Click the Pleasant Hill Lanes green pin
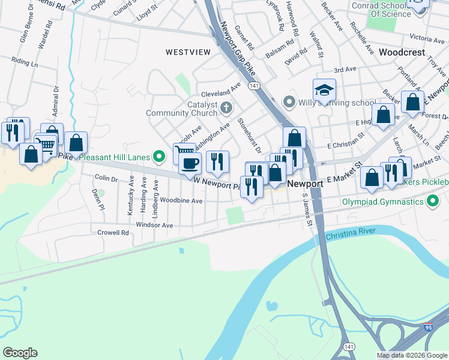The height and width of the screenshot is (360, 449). click(x=159, y=157)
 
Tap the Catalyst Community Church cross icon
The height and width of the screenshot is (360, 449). click(x=226, y=108)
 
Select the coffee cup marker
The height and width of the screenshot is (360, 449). click(x=190, y=163)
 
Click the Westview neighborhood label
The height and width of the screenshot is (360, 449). click(x=188, y=52)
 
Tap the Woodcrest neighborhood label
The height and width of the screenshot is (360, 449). click(x=402, y=52)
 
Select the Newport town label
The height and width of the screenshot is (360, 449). click(x=306, y=184)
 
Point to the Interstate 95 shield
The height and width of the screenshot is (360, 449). click(x=428, y=328)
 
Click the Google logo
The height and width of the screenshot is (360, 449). click(x=20, y=353)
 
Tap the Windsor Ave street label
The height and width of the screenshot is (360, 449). click(x=154, y=226)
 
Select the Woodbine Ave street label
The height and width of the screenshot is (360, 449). click(x=181, y=200)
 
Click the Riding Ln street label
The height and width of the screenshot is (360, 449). click(x=24, y=62)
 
